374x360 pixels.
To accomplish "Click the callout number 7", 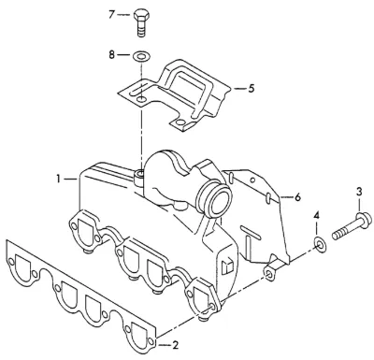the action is pos(112,14).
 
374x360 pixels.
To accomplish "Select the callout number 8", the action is pos(112,55).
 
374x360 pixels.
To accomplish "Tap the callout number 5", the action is pos(252,89).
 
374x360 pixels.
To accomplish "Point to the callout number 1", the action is pos(58,179).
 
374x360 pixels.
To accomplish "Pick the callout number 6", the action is pos(297,197).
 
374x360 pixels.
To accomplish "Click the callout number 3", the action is pos(359,192).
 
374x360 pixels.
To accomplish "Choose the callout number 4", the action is pos(317,215).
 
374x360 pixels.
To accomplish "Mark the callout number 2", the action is pos(175,345).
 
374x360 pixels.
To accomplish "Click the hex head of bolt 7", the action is pos(142,16).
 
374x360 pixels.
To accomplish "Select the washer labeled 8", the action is pos(141,56).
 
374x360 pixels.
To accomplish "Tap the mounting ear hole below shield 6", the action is pos(268,273).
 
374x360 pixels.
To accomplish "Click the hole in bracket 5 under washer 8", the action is pos(141,99).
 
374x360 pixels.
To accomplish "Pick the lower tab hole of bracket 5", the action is pos(180,122).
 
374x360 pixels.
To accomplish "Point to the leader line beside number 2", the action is pos(165,345).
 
